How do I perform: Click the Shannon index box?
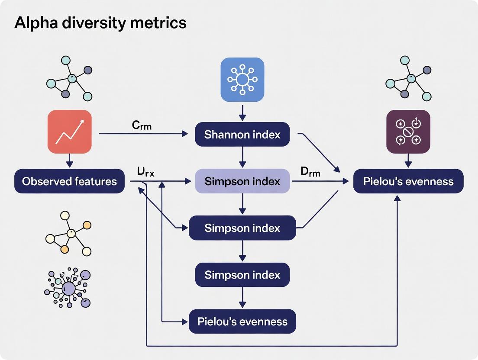click(242, 135)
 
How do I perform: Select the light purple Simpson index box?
click(242, 181)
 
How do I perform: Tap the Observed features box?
click(69, 181)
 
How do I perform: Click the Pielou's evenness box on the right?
click(408, 181)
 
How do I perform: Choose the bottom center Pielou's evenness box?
click(242, 321)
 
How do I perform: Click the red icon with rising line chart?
click(69, 132)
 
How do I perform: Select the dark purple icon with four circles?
click(408, 132)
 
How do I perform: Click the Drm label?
click(310, 172)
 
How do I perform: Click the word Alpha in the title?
click(33, 22)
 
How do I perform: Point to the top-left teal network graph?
click(69, 78)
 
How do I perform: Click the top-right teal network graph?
click(408, 78)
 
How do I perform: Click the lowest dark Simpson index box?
click(242, 275)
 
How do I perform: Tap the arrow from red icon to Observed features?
click(69, 161)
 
